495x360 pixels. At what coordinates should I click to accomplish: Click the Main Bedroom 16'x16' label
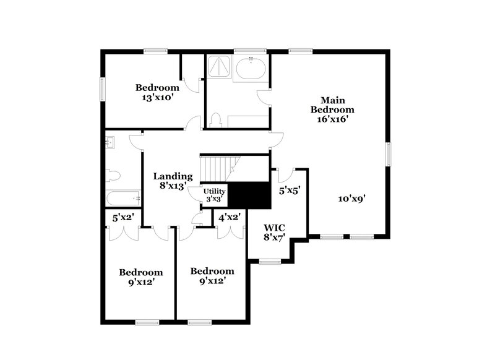click(x=333, y=109)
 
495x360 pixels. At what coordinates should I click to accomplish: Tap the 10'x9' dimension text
click(x=352, y=199)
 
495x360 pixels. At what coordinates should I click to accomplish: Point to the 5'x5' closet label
click(x=289, y=191)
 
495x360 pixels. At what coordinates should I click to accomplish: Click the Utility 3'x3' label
click(x=214, y=195)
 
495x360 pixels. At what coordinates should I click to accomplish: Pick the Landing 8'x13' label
click(x=173, y=181)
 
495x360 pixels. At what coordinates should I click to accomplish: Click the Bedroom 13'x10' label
click(x=157, y=92)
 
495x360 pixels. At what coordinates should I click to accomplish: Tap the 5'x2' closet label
click(x=123, y=218)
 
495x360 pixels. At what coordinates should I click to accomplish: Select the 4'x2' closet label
click(x=230, y=218)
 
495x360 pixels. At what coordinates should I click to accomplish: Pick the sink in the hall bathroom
click(x=111, y=143)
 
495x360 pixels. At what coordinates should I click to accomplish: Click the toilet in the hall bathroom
click(x=113, y=175)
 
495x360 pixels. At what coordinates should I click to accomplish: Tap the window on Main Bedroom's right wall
click(x=389, y=154)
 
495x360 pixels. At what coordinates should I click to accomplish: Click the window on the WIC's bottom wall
click(x=270, y=262)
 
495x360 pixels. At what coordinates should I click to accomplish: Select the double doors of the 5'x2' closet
click(x=123, y=233)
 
